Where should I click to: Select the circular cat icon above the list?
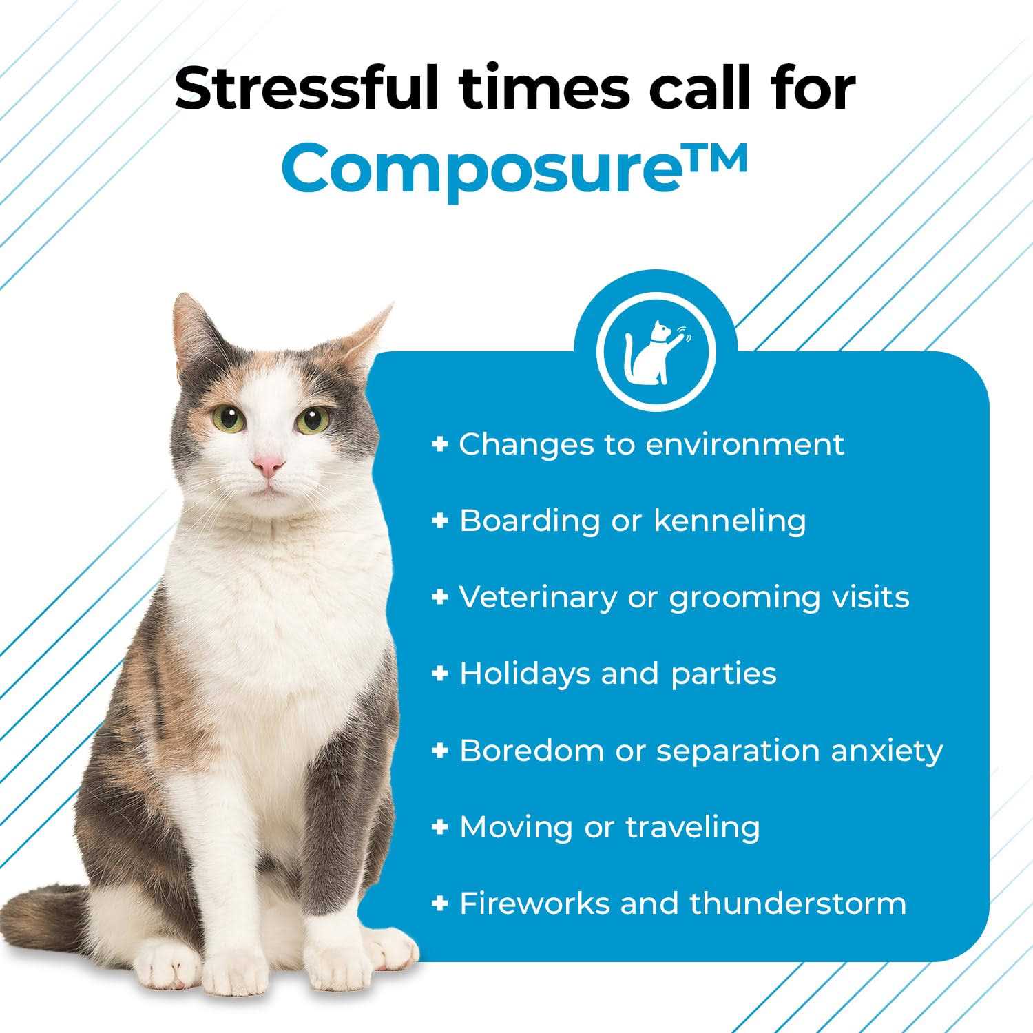point(656,352)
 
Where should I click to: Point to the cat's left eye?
point(313,418)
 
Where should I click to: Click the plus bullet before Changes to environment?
point(439,444)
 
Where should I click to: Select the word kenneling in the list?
point(729,521)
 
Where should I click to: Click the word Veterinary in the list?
point(538,597)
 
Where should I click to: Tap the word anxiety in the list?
point(886,750)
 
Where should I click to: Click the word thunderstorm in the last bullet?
point(798,903)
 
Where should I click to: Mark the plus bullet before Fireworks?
point(439,903)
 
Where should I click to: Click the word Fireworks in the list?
point(534,903)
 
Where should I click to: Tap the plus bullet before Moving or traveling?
point(439,826)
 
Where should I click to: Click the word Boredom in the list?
point(531,750)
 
